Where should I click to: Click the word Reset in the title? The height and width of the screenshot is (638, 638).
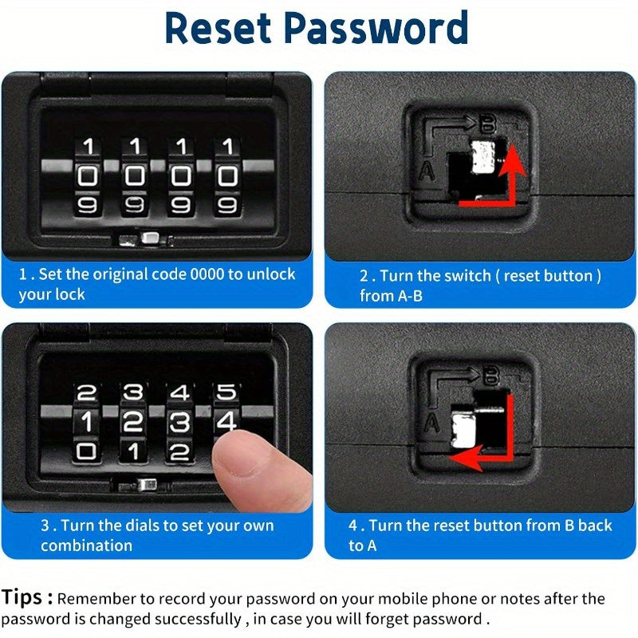(x=217, y=28)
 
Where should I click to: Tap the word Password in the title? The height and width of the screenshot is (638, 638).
(x=376, y=28)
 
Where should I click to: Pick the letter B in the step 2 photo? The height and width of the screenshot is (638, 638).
(x=487, y=123)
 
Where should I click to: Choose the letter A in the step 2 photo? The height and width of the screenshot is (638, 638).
(x=426, y=169)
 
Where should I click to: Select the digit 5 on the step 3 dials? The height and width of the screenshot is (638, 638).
(x=227, y=392)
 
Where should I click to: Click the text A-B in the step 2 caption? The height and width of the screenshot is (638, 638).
(x=411, y=297)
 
